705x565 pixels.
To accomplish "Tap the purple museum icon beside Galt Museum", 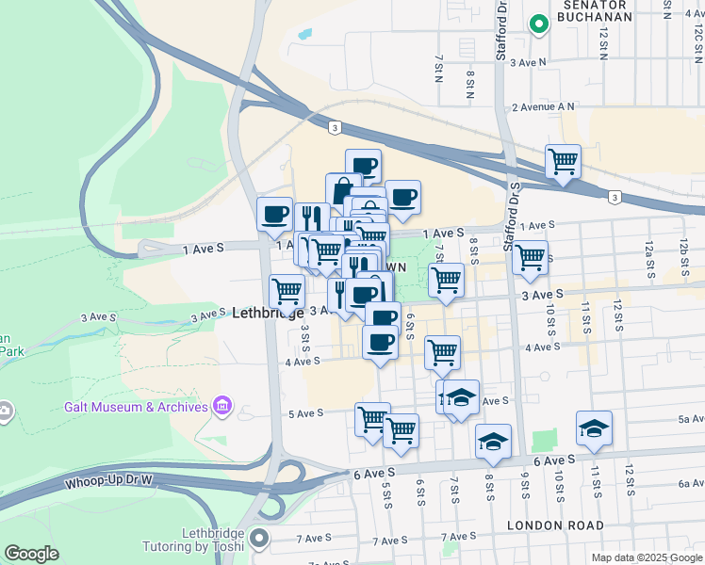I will tap(222, 406).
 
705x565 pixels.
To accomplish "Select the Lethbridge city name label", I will tap(268, 313).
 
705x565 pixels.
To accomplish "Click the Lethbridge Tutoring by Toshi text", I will tap(193, 540).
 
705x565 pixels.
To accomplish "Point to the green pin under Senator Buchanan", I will tap(538, 24).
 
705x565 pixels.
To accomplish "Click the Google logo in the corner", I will tap(31, 554).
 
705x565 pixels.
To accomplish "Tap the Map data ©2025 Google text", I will tap(646, 557).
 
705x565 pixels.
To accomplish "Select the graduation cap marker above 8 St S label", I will tap(493, 441).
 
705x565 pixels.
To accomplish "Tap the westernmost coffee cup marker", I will tap(275, 214).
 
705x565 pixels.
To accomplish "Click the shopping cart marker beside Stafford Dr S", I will tap(531, 257).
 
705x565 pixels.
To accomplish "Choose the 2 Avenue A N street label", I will tap(543, 107).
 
